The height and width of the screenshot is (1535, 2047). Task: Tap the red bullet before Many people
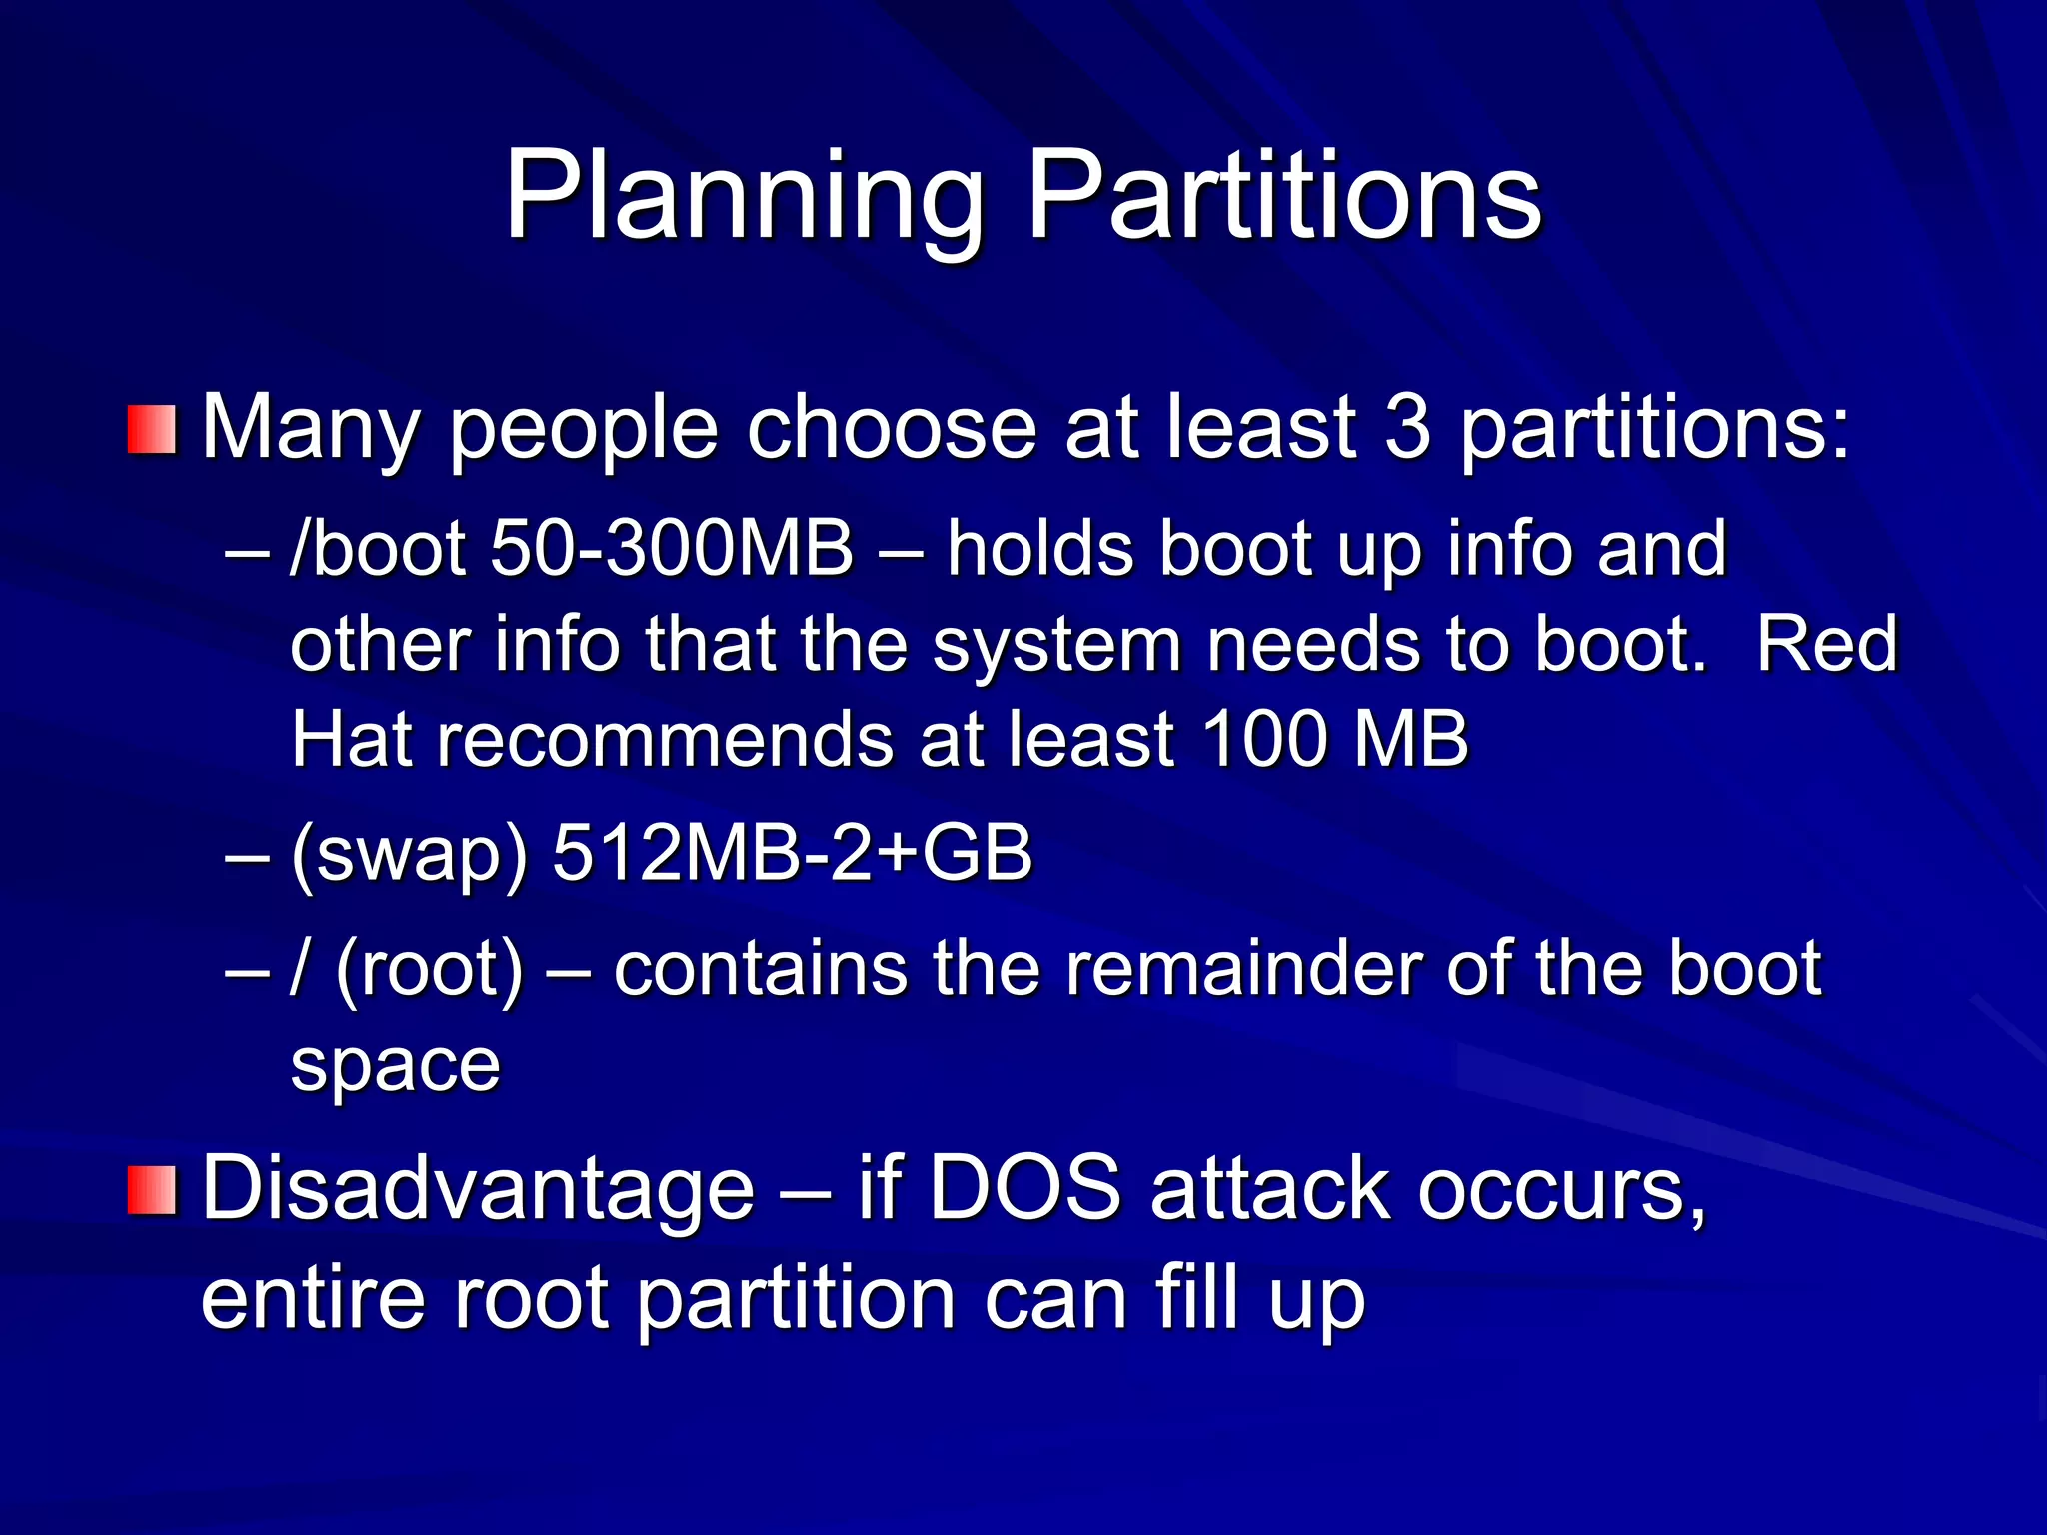tap(152, 429)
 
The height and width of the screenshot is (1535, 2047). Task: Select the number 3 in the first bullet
tap(1408, 427)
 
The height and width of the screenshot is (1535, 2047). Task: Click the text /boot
tap(377, 549)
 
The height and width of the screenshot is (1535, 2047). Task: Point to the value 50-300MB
tap(672, 549)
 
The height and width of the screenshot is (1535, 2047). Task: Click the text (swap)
tap(408, 856)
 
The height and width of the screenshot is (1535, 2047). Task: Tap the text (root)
tap(429, 970)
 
